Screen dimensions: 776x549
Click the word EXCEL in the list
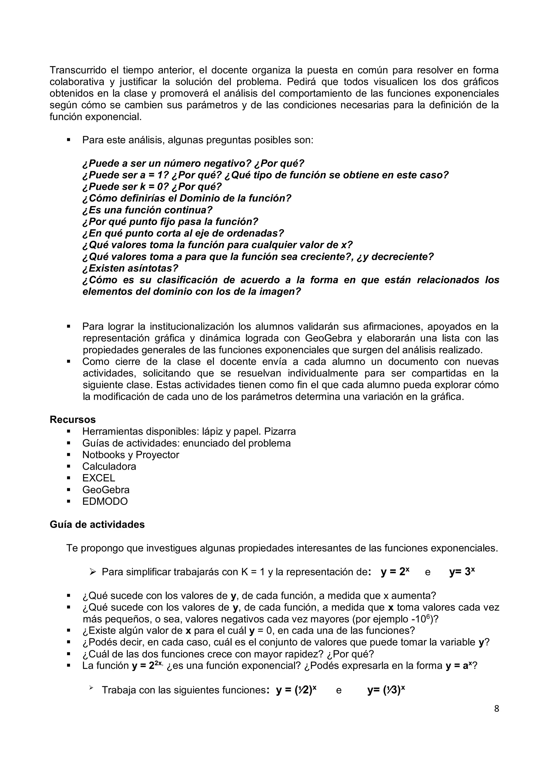tap(98, 478)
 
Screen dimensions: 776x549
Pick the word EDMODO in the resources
tap(105, 501)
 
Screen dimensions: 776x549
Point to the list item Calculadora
tap(109, 467)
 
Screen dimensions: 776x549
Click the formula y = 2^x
tap(395, 572)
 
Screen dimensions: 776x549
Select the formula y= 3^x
tap(462, 572)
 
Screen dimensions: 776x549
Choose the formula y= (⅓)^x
tap(386, 690)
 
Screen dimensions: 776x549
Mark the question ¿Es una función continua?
tap(147, 210)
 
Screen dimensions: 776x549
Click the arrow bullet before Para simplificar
tap(93, 572)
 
